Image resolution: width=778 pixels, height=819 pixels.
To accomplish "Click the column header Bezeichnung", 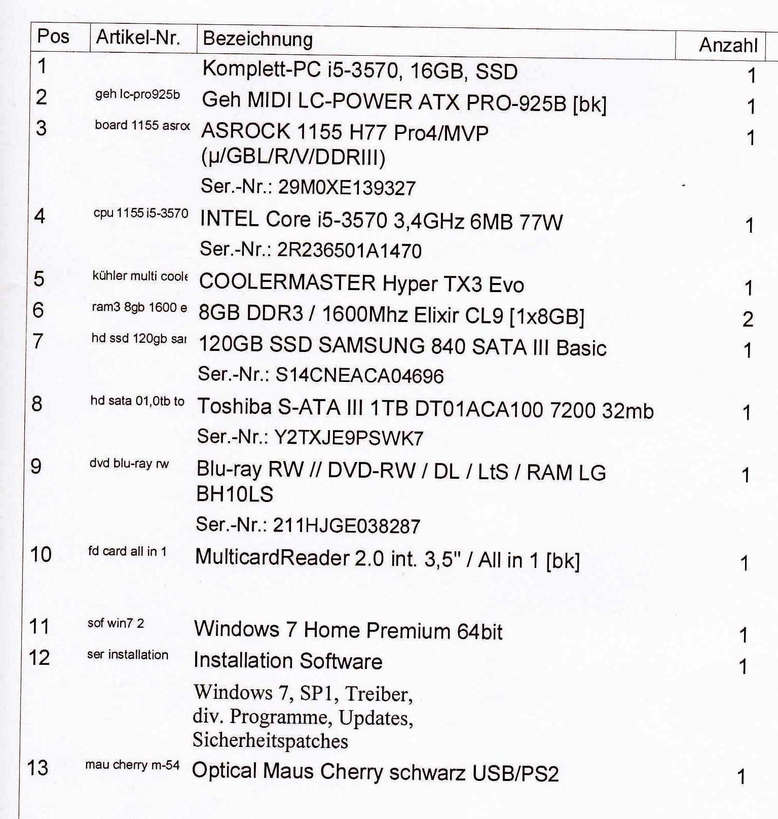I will tap(257, 39).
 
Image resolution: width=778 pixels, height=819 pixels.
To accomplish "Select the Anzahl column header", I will tap(728, 45).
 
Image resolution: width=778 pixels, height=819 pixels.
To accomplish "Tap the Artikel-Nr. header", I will tap(138, 37).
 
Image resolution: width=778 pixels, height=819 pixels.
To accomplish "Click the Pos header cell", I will tap(53, 37).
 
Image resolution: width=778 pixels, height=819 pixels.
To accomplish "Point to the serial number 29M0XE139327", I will tap(347, 188).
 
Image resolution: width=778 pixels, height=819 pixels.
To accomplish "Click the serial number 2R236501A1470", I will tap(349, 251).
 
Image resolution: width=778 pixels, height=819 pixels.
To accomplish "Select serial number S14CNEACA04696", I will tap(359, 376).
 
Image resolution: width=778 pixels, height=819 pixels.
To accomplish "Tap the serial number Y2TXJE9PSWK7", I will tap(348, 438).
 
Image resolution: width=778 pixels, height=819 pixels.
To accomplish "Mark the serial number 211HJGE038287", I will tap(346, 526).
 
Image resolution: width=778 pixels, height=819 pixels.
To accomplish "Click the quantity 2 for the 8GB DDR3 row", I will tap(748, 319).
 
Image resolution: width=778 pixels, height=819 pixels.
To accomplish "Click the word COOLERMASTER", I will tap(287, 282).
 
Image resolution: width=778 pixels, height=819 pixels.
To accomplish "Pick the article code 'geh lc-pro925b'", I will tap(137, 94).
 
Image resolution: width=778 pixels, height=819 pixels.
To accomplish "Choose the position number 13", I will tap(38, 768).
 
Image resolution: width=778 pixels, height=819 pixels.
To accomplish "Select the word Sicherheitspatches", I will tap(270, 741).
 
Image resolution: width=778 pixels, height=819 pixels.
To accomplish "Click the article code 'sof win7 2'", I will tap(116, 623).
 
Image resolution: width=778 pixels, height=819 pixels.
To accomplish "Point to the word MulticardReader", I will tap(272, 557).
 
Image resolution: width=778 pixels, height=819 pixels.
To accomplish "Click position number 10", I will tap(41, 554).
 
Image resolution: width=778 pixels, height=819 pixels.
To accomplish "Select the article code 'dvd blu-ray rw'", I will tap(129, 464).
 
